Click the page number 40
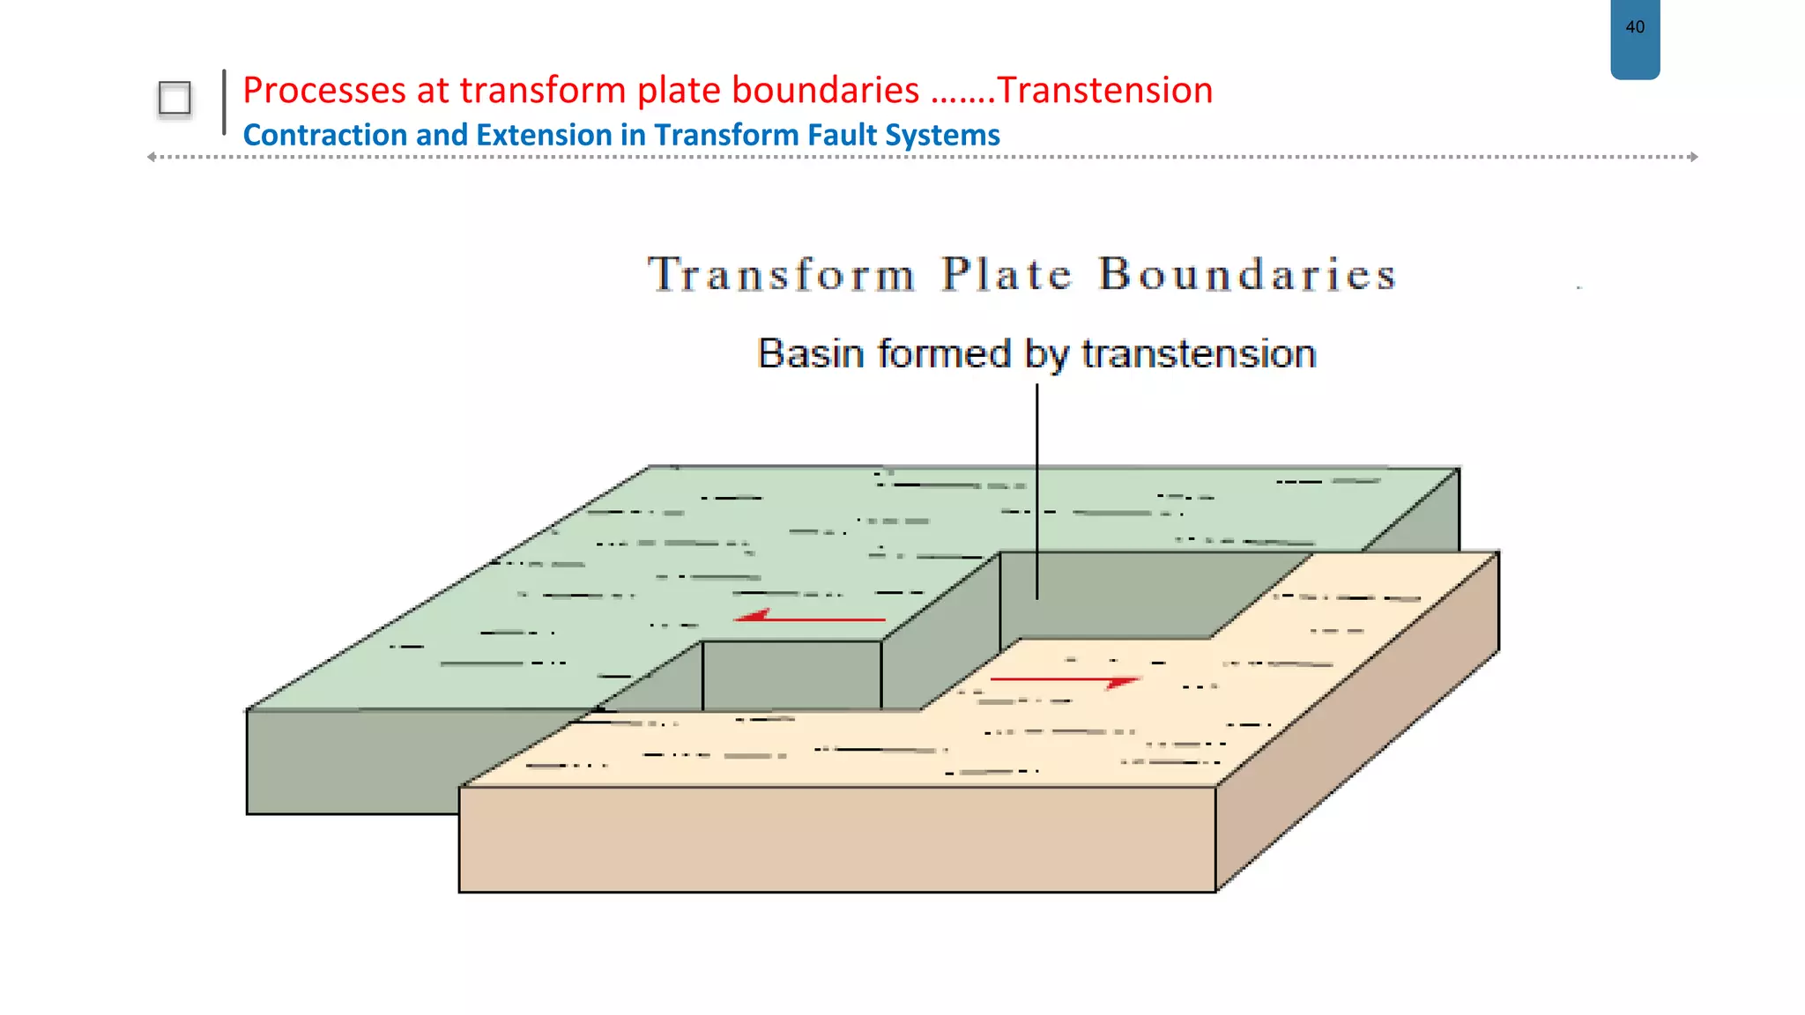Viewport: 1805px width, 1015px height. [1635, 27]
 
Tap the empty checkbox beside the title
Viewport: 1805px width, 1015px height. [175, 99]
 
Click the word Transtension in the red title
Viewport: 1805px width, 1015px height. [1105, 90]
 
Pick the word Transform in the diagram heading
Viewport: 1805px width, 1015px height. [782, 274]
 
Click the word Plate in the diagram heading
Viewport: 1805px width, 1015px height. [1006, 274]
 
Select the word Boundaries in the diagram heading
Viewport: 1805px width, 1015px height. [1247, 274]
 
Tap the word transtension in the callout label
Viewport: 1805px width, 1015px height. [1199, 354]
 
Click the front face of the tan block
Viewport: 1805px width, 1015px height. [837, 839]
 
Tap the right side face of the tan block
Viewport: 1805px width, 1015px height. [1357, 722]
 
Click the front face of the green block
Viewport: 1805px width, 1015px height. [353, 761]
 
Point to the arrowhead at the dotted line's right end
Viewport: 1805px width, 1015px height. [1693, 157]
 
